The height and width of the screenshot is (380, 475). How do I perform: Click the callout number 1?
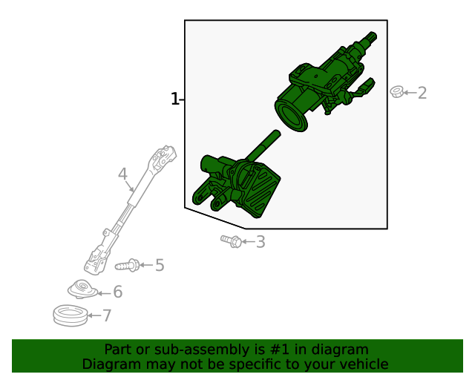click(175, 99)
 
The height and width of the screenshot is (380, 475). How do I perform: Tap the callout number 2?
click(422, 93)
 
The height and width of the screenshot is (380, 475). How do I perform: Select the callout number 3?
click(260, 241)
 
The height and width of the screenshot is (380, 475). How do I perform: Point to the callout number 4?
click(122, 174)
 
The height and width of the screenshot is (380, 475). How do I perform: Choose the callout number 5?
click(159, 265)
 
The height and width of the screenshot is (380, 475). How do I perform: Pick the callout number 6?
click(117, 292)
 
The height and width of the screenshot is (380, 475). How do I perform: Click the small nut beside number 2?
click(396, 92)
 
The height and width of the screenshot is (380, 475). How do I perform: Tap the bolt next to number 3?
click(231, 240)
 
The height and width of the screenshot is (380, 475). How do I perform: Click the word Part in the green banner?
click(118, 350)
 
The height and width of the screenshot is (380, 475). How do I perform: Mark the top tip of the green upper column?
click(370, 37)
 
